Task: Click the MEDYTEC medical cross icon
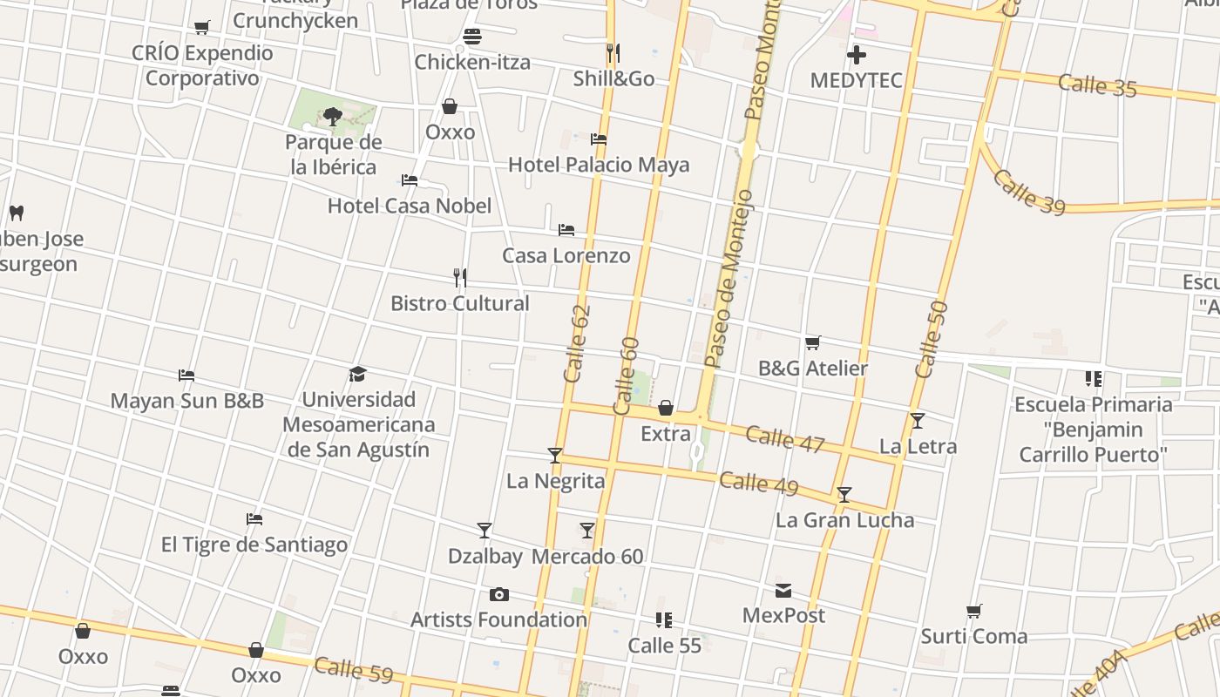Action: pyautogui.click(x=857, y=56)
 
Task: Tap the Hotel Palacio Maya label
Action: pyautogui.click(x=598, y=165)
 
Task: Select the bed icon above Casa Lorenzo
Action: pyautogui.click(x=566, y=230)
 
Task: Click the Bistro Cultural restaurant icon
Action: pyautogui.click(x=460, y=278)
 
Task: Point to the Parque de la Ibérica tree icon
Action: pyautogui.click(x=332, y=116)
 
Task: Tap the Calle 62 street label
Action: pyautogui.click(x=577, y=343)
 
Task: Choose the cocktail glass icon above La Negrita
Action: pyautogui.click(x=555, y=456)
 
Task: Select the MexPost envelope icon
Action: pyautogui.click(x=783, y=591)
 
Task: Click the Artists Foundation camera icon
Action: pyautogui.click(x=499, y=595)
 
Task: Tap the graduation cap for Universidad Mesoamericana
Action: pyautogui.click(x=358, y=375)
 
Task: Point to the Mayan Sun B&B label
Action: pyautogui.click(x=186, y=401)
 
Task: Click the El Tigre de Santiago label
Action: pyautogui.click(x=254, y=545)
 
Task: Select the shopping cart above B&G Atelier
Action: pyautogui.click(x=813, y=343)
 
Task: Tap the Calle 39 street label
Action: pyautogui.click(x=1028, y=192)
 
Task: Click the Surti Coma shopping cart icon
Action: pyautogui.click(x=974, y=612)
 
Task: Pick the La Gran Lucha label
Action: pyautogui.click(x=844, y=520)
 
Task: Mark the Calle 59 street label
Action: pyautogui.click(x=353, y=670)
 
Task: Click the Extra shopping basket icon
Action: pyautogui.click(x=666, y=408)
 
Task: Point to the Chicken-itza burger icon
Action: pyautogui.click(x=472, y=37)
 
